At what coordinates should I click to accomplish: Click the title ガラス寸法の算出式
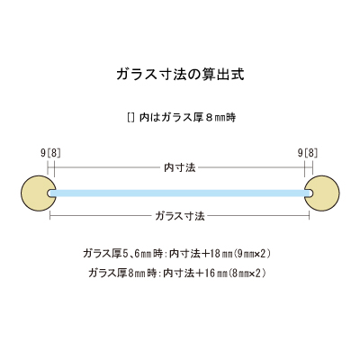click(x=180, y=75)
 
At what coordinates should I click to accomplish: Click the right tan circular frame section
click(x=324, y=193)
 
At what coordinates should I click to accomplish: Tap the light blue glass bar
click(x=180, y=193)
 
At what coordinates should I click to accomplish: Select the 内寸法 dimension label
click(x=180, y=167)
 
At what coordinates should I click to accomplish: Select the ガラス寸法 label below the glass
click(x=180, y=216)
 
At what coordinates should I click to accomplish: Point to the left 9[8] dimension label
click(x=50, y=153)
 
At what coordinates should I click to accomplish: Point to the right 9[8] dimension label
click(x=308, y=153)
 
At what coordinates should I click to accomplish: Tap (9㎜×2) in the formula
click(x=252, y=254)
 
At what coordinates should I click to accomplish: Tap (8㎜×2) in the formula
click(x=247, y=274)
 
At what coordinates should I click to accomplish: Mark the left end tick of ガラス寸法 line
click(x=49, y=216)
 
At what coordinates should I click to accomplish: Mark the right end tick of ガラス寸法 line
click(x=310, y=216)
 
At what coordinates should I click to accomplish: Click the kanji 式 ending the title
click(x=238, y=75)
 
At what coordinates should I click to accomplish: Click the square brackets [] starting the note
click(x=130, y=118)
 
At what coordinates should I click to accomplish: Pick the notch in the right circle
click(x=309, y=193)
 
